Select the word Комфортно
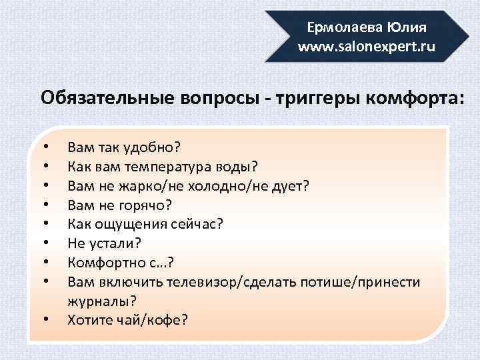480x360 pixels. click(105, 263)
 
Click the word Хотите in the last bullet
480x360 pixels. click(89, 320)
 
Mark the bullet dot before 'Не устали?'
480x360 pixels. click(45, 243)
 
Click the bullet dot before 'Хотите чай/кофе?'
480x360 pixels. click(45, 320)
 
